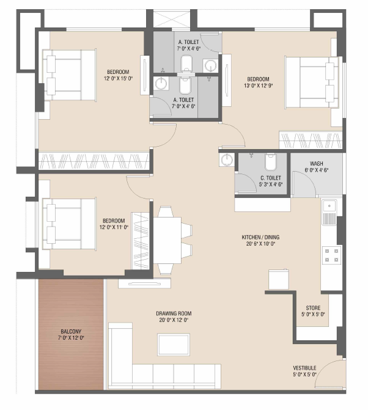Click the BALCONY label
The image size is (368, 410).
click(71, 331)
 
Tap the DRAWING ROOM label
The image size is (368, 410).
click(174, 313)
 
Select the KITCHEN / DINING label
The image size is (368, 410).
click(260, 237)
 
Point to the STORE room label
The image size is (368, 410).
click(313, 308)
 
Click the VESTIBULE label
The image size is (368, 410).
click(304, 368)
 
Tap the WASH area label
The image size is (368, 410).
click(317, 164)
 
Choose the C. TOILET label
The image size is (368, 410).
click(270, 178)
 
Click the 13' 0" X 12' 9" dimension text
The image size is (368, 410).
click(259, 86)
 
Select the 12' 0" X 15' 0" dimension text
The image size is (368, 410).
click(118, 78)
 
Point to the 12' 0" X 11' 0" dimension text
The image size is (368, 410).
click(114, 227)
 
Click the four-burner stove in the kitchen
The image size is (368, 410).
click(331, 255)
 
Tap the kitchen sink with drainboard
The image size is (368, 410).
click(329, 212)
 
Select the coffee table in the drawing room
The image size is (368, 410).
click(174, 345)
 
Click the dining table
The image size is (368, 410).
click(167, 240)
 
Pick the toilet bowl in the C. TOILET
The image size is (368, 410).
click(270, 162)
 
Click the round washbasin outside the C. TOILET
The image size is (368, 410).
click(227, 159)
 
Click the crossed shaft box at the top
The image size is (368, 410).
click(171, 18)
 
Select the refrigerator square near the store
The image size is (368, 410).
click(279, 279)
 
